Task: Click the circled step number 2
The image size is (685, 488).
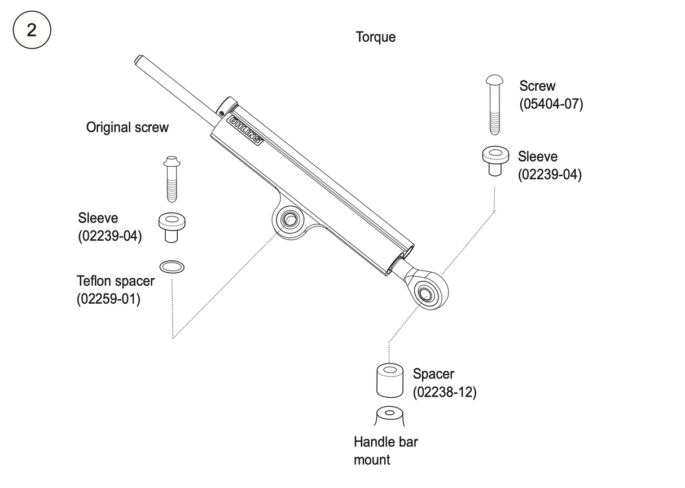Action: tap(32, 30)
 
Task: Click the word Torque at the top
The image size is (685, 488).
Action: tap(375, 37)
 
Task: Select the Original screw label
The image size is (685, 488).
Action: tap(127, 127)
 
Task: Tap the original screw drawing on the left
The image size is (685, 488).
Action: tap(171, 179)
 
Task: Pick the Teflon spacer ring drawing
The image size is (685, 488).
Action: tap(172, 265)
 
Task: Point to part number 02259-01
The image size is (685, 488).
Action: tap(108, 298)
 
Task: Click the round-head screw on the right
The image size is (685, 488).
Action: tap(494, 105)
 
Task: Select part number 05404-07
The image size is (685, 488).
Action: tap(551, 104)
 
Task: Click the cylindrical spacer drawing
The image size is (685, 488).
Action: tap(389, 380)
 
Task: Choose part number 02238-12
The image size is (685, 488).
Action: tap(445, 392)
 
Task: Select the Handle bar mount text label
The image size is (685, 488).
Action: tap(385, 451)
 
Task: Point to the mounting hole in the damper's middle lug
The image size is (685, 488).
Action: tap(290, 219)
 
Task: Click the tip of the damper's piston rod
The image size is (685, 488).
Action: tap(138, 59)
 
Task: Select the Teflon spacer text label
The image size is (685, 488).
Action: tap(115, 281)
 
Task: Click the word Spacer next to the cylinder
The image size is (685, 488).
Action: tap(433, 374)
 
